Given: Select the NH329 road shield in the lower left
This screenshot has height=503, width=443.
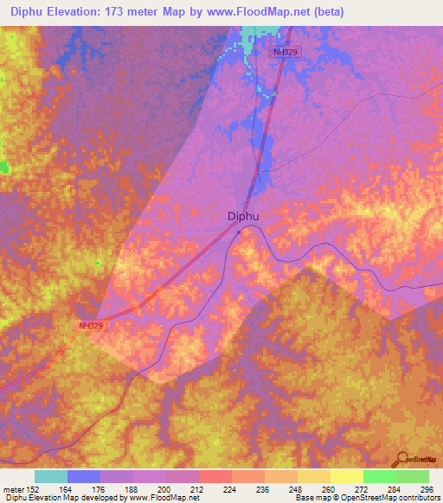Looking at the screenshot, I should (90, 326).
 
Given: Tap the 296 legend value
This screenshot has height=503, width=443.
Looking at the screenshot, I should (427, 489).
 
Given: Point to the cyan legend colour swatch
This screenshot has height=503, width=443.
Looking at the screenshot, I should (51, 476).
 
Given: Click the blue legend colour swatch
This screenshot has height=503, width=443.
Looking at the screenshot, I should (84, 476).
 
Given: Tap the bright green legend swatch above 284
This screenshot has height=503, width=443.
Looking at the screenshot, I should (380, 476).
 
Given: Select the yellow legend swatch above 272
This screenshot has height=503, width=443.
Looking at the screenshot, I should (347, 476).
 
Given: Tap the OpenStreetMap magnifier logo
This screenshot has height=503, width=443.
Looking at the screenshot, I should (401, 458).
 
